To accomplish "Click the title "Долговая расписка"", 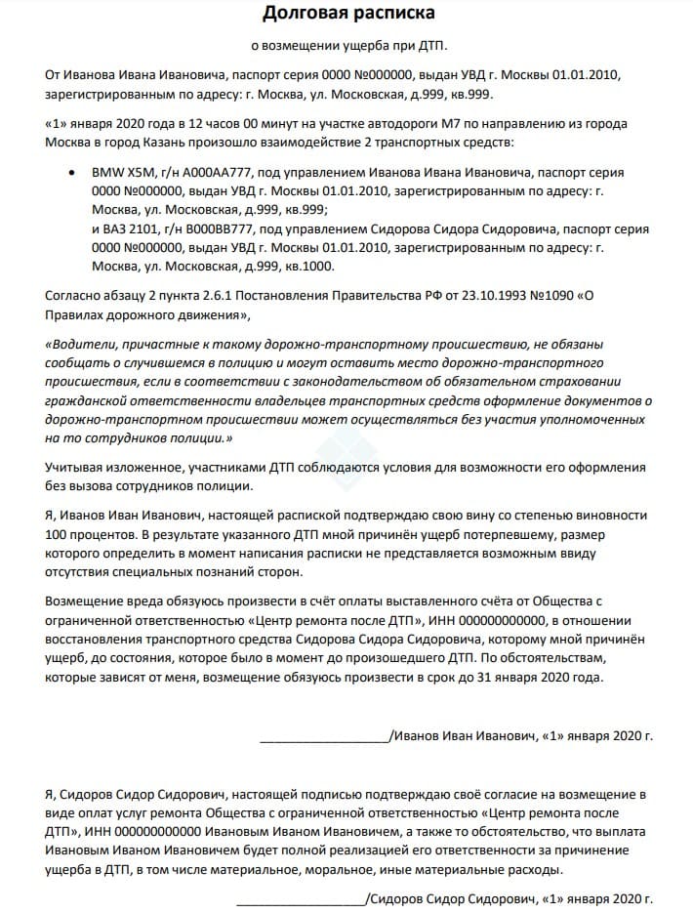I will coord(347,14).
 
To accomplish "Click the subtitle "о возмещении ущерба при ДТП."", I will coord(347,46).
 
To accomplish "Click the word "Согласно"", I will coord(75,296).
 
